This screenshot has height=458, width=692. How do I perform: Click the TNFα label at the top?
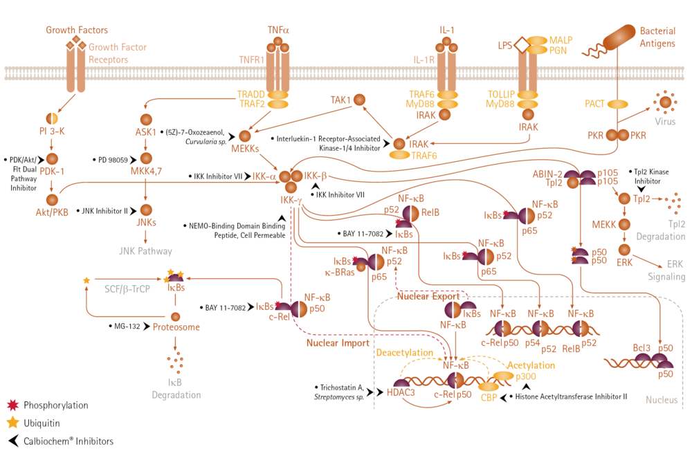pos(278,30)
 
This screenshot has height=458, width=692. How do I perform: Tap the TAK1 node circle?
pos(360,100)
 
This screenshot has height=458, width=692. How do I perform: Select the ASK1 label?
pos(145,132)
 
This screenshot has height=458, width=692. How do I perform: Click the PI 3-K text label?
pos(52,131)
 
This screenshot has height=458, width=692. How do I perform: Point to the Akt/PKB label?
pos(52,212)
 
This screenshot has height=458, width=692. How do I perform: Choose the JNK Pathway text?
pos(145,251)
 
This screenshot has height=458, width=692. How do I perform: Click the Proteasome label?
pos(176,327)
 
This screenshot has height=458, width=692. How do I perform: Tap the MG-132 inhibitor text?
pos(127,327)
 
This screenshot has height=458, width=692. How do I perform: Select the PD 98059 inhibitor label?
pos(113,160)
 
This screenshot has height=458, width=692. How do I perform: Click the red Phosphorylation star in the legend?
pos(13,405)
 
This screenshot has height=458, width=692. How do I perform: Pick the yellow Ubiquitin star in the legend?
pos(13,423)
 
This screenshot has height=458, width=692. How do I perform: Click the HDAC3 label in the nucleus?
pos(401,392)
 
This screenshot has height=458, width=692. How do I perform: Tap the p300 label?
pos(526,376)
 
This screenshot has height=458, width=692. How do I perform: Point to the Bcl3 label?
pos(641,348)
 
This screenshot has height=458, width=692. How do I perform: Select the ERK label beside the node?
pos(624,262)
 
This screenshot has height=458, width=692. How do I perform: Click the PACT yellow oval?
pos(618,104)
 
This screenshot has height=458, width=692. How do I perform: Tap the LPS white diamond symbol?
pos(522,45)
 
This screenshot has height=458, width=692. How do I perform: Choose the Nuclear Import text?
pos(338,343)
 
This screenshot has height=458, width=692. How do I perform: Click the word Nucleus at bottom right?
pos(661,400)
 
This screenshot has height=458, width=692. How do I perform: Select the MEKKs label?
pos(245,149)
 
